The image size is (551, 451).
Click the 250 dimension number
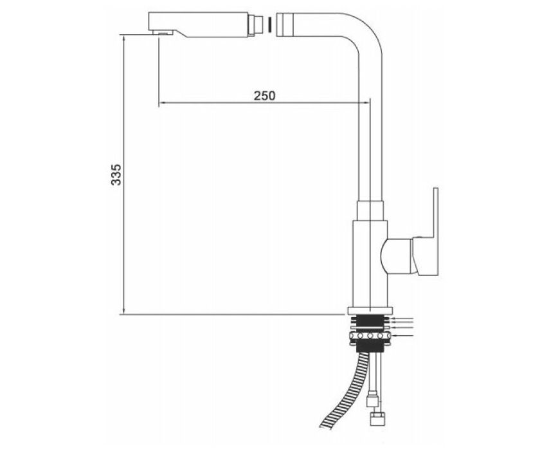[x=265, y=95]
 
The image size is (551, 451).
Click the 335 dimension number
[x=116, y=174]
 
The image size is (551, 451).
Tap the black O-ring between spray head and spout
[x=269, y=24]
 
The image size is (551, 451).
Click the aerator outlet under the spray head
[x=163, y=33]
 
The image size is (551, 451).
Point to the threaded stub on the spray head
[x=255, y=25]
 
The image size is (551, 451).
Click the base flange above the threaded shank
[x=370, y=311]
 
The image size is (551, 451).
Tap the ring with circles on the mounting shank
[x=370, y=336]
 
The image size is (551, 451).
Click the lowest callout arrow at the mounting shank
[x=402, y=336]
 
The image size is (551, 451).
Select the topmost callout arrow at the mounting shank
[x=402, y=319]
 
